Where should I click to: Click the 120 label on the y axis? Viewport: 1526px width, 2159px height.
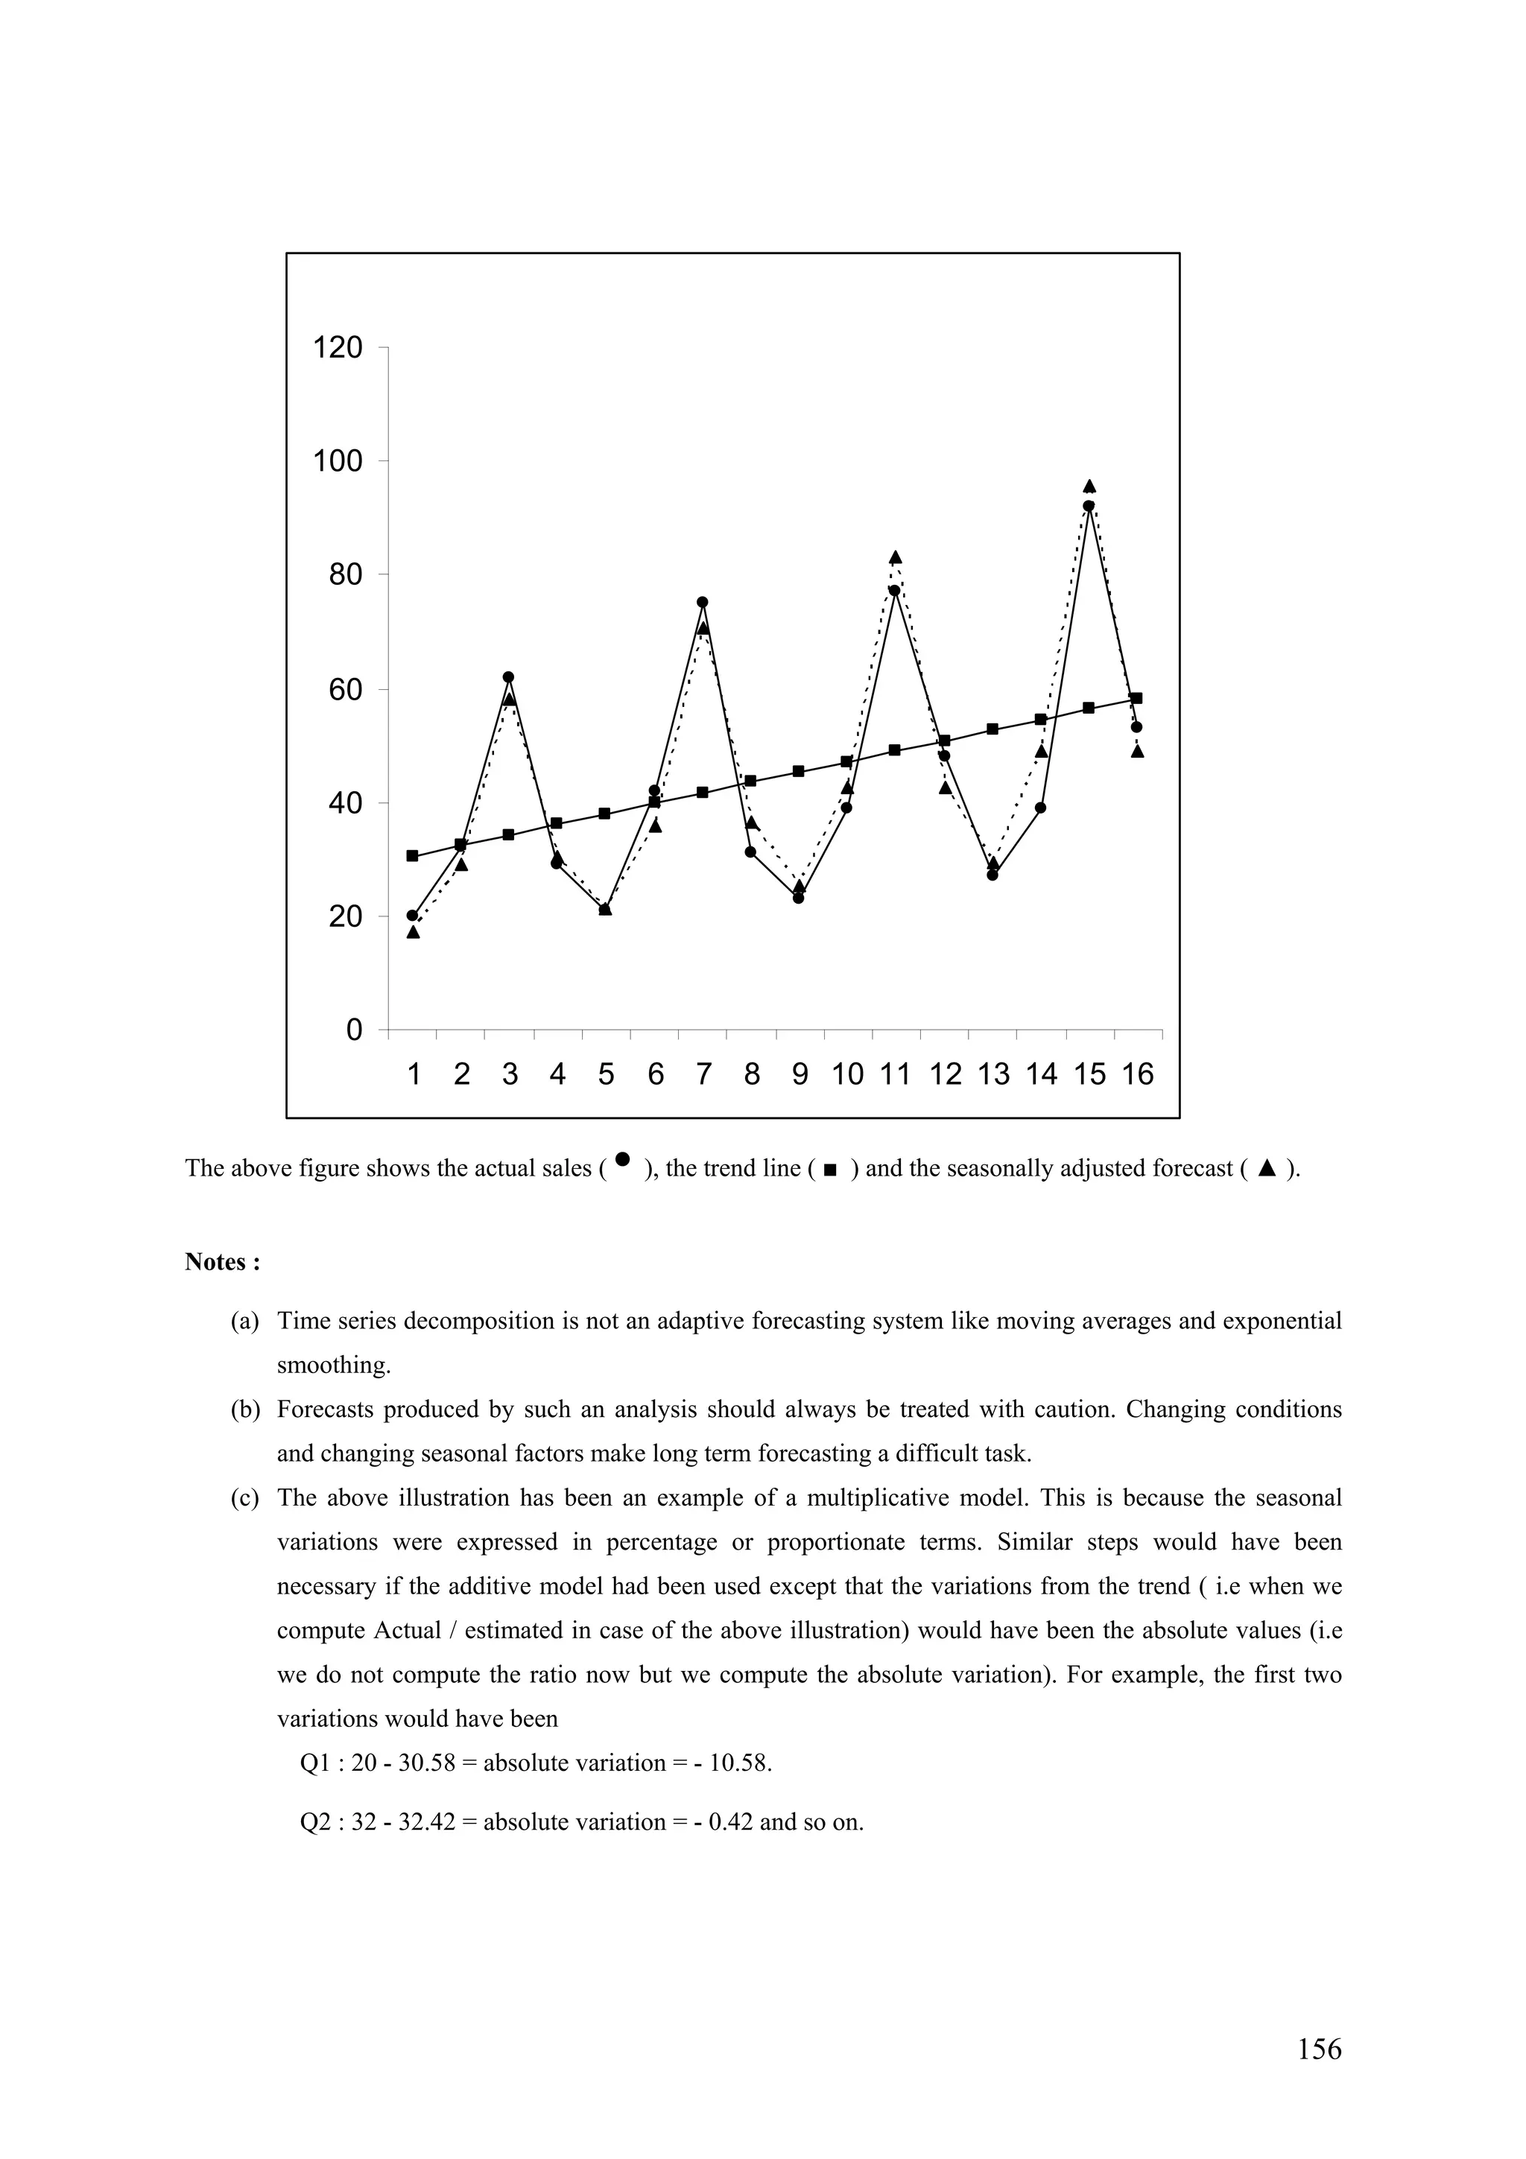pos(338,348)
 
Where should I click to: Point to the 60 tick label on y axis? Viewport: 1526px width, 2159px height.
pos(344,690)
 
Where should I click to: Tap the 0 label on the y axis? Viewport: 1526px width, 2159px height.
pos(353,1030)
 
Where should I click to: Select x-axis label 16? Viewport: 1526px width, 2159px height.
pos(1137,1074)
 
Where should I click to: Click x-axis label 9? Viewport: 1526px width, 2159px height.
pos(800,1074)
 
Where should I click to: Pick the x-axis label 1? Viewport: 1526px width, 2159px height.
pos(414,1074)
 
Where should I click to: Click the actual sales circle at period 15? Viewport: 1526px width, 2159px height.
pos(1089,506)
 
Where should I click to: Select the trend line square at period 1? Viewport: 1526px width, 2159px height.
pos(412,856)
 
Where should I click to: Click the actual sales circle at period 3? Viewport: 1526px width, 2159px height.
pos(509,677)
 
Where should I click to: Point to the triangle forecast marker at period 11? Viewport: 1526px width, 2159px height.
pos(895,557)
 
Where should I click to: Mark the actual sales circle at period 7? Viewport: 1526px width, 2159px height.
pos(703,602)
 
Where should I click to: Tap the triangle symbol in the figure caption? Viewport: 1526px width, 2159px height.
pos(1267,1169)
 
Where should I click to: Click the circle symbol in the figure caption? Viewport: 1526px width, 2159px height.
pos(621,1159)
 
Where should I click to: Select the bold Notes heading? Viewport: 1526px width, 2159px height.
pos(222,1262)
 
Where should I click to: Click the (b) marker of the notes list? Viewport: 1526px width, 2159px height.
pos(244,1410)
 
